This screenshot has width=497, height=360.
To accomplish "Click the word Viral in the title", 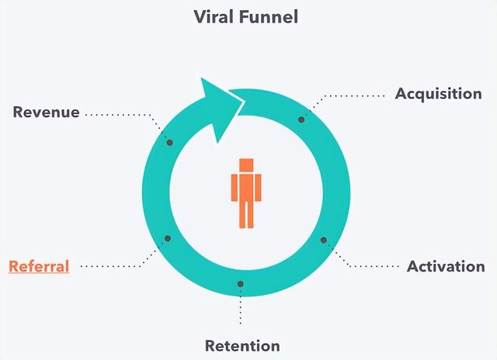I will (214, 17).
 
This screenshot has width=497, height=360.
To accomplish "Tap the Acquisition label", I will (438, 94).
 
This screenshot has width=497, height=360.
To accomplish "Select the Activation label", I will (446, 266).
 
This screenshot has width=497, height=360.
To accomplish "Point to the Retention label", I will (242, 345).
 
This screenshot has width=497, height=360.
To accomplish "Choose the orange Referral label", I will (39, 266).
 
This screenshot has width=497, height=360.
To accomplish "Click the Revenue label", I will (46, 112).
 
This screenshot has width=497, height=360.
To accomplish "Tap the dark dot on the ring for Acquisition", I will (301, 119).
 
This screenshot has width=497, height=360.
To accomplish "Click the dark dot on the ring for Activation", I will (324, 240).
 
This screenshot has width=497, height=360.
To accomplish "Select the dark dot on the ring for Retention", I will (241, 284).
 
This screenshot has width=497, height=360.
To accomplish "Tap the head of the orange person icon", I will (246, 165).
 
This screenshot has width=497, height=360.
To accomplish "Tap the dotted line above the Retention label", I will (241, 310).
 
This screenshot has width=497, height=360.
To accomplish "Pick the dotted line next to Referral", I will (116, 266).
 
